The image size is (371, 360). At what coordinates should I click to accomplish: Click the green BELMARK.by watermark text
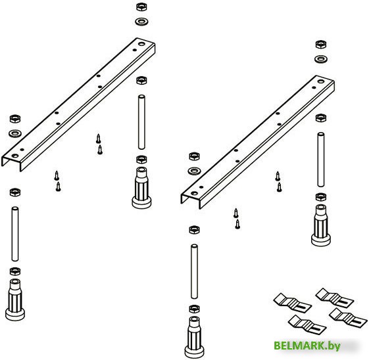pos(307,346)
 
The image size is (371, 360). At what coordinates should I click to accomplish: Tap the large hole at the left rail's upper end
pos(141,44)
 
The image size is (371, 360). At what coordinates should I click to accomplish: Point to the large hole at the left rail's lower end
pos(15,156)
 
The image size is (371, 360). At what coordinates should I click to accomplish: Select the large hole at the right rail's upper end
pos(321,81)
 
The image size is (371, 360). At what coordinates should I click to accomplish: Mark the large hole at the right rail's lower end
pos(194,193)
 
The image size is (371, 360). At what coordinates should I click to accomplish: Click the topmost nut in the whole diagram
pos(141,7)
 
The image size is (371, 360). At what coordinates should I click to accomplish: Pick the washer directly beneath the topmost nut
pos(141,22)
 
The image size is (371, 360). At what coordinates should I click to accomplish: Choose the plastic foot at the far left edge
pos(15,300)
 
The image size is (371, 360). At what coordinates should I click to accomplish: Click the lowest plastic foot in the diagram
pos(194,337)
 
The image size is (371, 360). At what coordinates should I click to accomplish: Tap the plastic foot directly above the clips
pos(321,225)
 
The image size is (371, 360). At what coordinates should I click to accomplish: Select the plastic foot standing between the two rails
pos(141,188)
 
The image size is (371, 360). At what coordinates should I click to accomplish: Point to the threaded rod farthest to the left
pos(15,234)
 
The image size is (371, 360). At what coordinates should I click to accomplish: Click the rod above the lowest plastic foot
pos(194,272)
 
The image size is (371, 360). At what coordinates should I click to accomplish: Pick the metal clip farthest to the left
pos(293,302)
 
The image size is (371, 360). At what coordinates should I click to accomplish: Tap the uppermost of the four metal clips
pos(335,298)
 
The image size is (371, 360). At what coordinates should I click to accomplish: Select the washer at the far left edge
pos(15,133)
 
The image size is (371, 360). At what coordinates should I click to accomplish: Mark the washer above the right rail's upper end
pos(321,59)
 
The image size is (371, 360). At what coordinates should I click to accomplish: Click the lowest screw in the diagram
pos(237,225)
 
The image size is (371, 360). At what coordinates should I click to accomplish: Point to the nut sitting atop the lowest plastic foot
pos(194,309)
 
